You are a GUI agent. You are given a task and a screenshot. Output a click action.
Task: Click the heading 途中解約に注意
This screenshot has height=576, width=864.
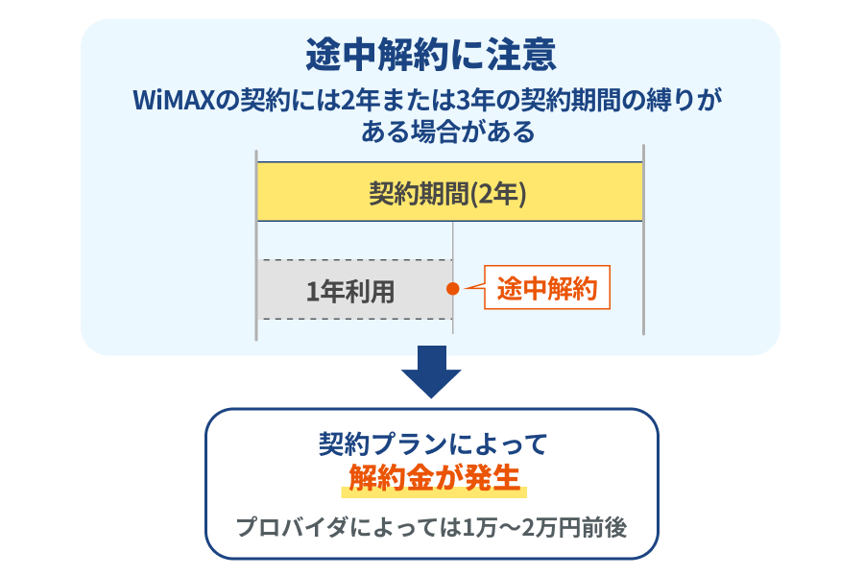click(430, 55)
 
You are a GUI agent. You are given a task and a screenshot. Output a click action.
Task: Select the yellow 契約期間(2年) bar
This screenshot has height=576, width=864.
click(449, 192)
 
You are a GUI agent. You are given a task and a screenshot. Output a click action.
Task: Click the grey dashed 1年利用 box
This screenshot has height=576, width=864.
click(353, 290)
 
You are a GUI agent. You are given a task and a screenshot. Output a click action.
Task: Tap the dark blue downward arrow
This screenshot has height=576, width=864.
click(431, 372)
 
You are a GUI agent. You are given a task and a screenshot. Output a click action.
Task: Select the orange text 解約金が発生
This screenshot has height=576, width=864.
click(433, 477)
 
